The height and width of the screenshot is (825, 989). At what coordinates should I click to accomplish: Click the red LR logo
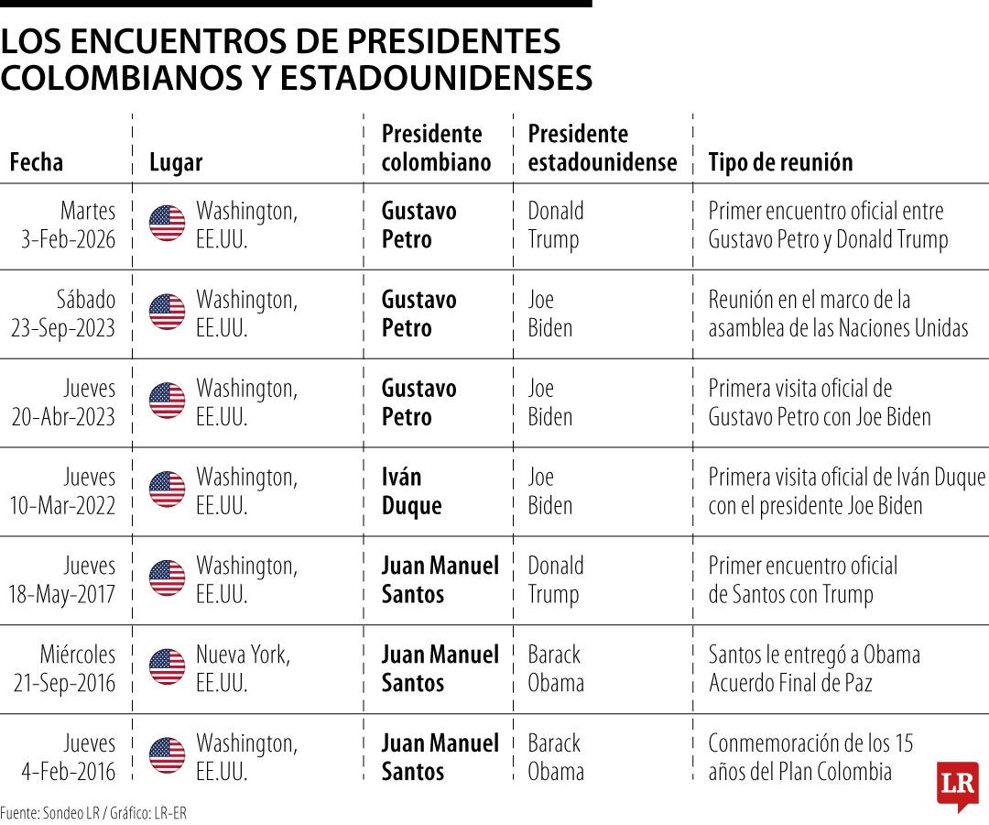pos(957,785)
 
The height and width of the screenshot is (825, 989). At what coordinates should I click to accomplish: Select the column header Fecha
pos(37,162)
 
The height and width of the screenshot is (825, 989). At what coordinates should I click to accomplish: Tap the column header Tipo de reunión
pos(780,162)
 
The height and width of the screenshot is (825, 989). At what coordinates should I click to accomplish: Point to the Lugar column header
pos(176,162)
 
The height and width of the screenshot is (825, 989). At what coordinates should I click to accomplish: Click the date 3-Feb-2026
pos(69,239)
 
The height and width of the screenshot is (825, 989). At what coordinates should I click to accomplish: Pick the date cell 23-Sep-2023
pos(63,328)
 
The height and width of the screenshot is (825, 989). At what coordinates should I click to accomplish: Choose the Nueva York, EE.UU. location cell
pos(244,668)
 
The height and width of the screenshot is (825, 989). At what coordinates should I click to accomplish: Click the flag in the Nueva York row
pos(167,666)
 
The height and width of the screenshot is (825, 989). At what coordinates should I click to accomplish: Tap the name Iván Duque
pos(411,491)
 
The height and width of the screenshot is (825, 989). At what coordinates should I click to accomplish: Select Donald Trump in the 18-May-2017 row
pos(555,579)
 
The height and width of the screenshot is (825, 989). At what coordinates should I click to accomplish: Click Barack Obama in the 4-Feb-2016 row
pos(555,757)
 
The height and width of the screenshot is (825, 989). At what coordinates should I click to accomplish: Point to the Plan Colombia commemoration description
pos(810,757)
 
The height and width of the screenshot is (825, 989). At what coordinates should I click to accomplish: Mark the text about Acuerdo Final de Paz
pos(814,668)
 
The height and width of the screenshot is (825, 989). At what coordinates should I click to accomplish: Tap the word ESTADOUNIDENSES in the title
pos(436,79)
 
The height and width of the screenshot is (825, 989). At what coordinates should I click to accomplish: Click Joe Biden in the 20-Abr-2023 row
pos(549,402)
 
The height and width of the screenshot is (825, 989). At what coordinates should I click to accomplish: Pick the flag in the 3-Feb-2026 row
pos(167,223)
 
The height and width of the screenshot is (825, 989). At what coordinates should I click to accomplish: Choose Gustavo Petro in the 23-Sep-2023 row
pos(418,313)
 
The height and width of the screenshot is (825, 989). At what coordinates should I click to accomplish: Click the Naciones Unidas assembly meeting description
pos(838,313)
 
